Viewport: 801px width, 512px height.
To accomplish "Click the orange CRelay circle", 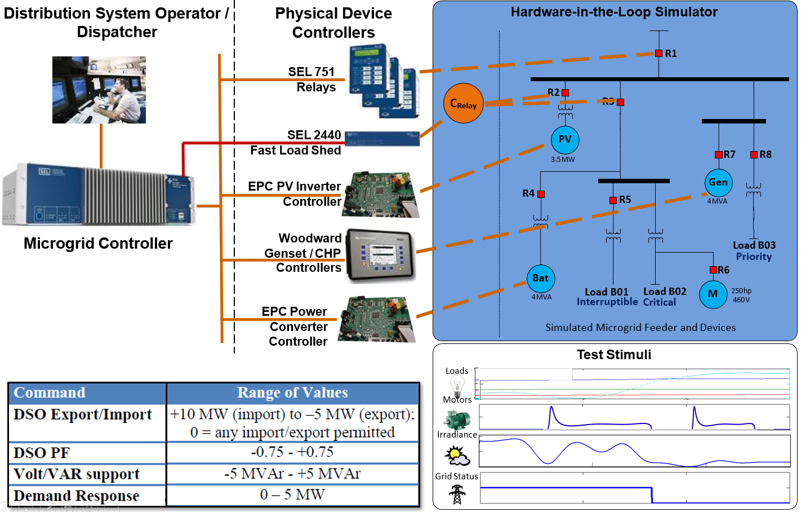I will pyautogui.click(x=464, y=103).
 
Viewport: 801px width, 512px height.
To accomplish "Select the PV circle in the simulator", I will pyautogui.click(x=564, y=139).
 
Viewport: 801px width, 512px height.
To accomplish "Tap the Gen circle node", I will pyautogui.click(x=718, y=182).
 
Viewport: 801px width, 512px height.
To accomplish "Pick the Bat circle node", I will pyautogui.click(x=540, y=278).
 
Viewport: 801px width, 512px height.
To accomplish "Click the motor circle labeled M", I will pyautogui.click(x=713, y=294).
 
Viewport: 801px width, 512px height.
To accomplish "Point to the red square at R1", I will pyautogui.click(x=658, y=54).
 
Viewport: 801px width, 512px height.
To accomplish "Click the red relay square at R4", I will pyautogui.click(x=541, y=194).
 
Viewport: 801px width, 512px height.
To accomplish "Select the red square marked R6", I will pyautogui.click(x=713, y=270).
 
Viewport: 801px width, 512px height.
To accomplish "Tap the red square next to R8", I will pyautogui.click(x=754, y=155).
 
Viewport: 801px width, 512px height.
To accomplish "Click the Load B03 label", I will pyautogui.click(x=754, y=245).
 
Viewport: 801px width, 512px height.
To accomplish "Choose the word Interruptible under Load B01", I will pyautogui.click(x=607, y=302).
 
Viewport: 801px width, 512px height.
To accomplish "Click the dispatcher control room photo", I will pyautogui.click(x=99, y=90).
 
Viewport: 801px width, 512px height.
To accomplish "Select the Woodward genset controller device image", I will pyautogui.click(x=380, y=255).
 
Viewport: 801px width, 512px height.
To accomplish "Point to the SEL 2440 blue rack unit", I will pyautogui.click(x=382, y=138).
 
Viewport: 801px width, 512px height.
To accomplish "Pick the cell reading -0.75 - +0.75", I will pyautogui.click(x=292, y=452).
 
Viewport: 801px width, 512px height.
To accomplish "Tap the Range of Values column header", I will pyautogui.click(x=292, y=392).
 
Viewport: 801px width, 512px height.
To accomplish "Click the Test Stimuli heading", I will pyautogui.click(x=614, y=355).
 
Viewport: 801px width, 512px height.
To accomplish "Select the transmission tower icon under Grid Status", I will pyautogui.click(x=457, y=495).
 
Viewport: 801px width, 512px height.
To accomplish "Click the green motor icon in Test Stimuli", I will pyautogui.click(x=457, y=420).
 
